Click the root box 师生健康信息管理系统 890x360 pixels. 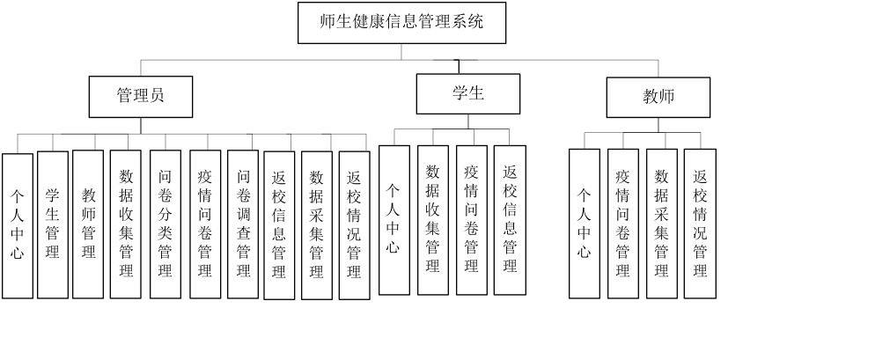coord(402,23)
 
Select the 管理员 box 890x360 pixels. coord(141,96)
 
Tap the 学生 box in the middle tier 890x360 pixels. coord(468,93)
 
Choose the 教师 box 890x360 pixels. coord(658,97)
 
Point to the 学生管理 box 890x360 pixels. coord(53,224)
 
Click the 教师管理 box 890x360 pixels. coord(88,224)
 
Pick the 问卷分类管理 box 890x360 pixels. coord(165,224)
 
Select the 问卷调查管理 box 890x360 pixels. coord(243,224)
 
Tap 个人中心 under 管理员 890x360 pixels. coord(18,225)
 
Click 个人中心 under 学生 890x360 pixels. coord(394,220)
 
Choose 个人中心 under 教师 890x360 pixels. coord(584,224)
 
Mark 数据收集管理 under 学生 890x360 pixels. coord(432,220)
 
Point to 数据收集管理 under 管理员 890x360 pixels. coord(126,224)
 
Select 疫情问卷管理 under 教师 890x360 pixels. coord(622,224)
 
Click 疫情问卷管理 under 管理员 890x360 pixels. coord(205,224)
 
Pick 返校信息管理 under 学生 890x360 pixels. coord(510,220)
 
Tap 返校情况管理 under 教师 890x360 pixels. coord(700,224)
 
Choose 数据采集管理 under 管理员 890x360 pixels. coord(317,225)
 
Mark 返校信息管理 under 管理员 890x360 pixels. coord(279,225)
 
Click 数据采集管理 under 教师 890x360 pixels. coord(661,224)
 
